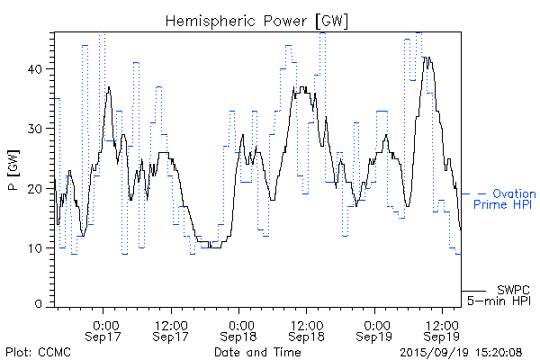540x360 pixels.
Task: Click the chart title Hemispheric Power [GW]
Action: pos(256,20)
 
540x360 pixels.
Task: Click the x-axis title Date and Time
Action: pos(256,352)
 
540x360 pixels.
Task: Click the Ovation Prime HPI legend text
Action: pos(509,199)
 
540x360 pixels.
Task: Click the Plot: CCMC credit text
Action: pos(34,352)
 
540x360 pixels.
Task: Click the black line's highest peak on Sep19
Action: pos(427,58)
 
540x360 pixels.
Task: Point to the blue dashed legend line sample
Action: pos(473,193)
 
